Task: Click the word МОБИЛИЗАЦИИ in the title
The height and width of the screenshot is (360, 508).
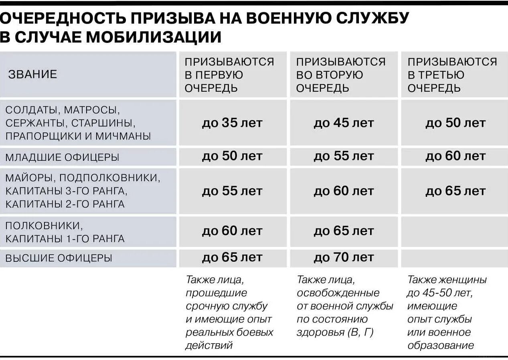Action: click(x=154, y=37)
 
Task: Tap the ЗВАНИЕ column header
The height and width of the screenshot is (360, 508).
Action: click(x=32, y=74)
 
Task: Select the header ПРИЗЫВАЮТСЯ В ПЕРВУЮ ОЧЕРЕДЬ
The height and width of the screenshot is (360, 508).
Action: click(x=229, y=75)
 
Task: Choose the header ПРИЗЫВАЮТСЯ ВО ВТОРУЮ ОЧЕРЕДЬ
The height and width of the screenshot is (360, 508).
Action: click(x=340, y=75)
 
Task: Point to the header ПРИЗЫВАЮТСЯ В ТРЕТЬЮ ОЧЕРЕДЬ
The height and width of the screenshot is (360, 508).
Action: click(x=452, y=75)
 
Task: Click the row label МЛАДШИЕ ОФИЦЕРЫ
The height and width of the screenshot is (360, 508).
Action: click(x=62, y=158)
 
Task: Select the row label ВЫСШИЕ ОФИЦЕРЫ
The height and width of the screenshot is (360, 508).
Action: click(x=59, y=258)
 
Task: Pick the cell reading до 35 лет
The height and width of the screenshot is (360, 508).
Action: click(x=232, y=123)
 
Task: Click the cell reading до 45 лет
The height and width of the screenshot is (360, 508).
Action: click(x=343, y=123)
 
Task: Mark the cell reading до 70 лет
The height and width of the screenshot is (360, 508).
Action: click(x=343, y=257)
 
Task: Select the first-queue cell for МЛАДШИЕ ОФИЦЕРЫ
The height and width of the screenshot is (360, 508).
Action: click(x=232, y=156)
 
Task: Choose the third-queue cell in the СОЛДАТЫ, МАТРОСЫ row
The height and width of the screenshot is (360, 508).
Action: click(x=455, y=123)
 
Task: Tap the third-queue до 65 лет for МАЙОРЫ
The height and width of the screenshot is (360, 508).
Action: click(x=455, y=191)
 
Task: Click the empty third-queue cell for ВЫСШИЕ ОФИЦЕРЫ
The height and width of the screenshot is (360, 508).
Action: click(x=454, y=258)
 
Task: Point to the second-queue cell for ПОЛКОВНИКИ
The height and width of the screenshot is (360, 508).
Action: click(x=343, y=231)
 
